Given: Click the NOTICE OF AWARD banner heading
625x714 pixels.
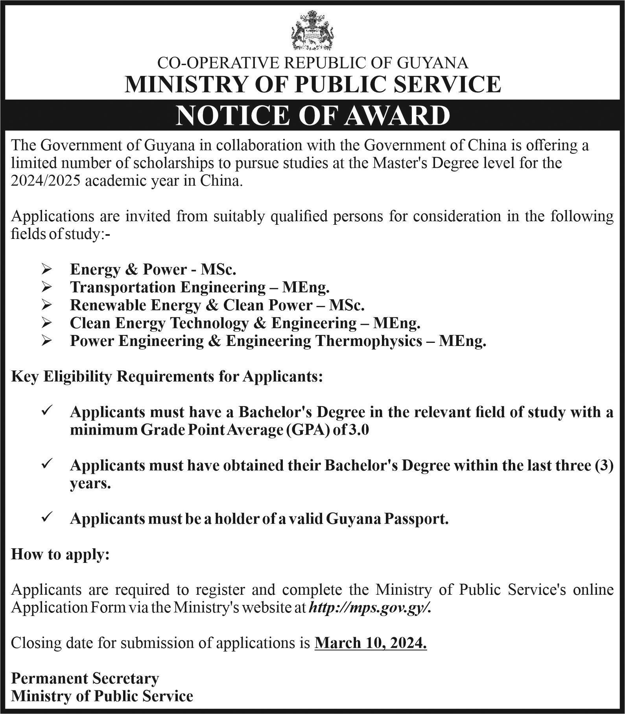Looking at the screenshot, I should point(312,115).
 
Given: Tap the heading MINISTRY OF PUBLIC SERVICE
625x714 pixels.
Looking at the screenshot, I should point(312,84).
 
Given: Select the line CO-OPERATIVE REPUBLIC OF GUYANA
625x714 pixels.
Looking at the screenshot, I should point(312,63).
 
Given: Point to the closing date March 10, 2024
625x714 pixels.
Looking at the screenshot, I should point(371,643).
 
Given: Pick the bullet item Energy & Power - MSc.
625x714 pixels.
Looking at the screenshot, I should point(153,269).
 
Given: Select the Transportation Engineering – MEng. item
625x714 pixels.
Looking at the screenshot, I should point(199,287).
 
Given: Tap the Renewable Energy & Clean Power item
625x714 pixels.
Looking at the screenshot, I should point(217,305).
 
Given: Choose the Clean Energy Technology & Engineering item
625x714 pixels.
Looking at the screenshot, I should point(245,323).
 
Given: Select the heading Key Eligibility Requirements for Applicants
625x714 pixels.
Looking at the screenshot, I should point(167,377).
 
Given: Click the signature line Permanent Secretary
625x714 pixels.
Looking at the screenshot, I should point(85,678).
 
